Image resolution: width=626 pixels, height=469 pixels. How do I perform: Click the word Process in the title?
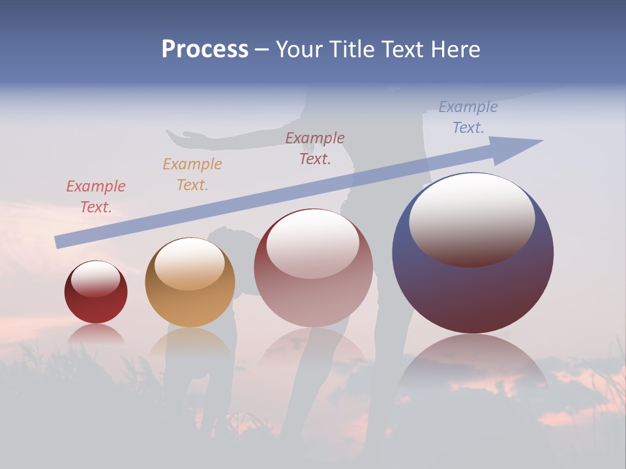[205, 50]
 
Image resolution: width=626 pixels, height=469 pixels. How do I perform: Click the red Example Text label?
[96, 197]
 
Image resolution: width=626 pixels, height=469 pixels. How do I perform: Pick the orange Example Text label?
[192, 175]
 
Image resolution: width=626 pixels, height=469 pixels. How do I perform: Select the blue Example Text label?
[468, 117]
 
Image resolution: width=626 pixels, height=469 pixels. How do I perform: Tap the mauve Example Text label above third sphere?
[315, 148]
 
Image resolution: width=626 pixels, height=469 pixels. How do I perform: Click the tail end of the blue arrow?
[60, 242]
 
